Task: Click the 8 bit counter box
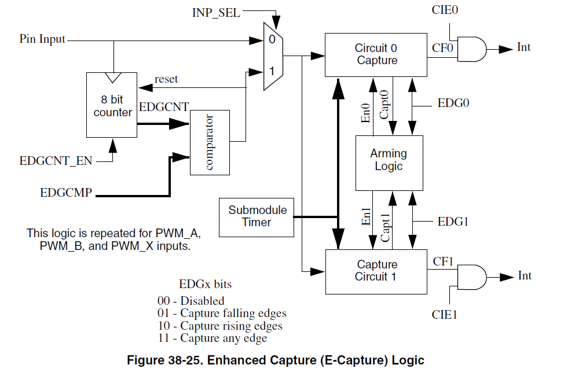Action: [112, 105]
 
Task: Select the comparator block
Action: [209, 142]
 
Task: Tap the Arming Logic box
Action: [389, 160]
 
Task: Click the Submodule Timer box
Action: [257, 216]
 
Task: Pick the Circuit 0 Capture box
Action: [376, 54]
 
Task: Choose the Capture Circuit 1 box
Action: [376, 271]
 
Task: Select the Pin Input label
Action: [42, 40]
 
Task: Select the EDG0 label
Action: [453, 104]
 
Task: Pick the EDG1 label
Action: [453, 222]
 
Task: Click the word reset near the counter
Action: [166, 79]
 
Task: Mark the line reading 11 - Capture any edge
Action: [213, 338]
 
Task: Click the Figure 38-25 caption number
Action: [181, 360]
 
